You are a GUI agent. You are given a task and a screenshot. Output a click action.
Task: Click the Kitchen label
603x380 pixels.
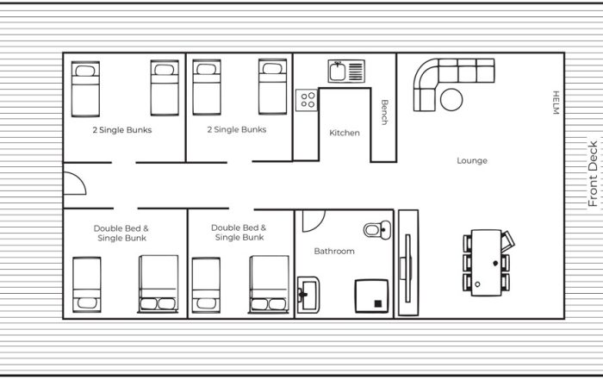[x=345, y=133]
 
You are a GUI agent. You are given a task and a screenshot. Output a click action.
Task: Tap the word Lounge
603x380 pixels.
[x=472, y=160]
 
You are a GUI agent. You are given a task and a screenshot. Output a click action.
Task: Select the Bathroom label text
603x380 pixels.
[x=334, y=251]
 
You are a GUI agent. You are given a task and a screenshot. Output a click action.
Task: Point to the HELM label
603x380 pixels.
[x=556, y=103]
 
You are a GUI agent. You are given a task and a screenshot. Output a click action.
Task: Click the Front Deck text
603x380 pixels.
[x=593, y=173]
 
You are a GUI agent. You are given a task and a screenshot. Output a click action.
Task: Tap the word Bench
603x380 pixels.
[x=384, y=112]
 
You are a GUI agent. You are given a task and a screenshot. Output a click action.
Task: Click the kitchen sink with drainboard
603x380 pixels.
[x=346, y=72]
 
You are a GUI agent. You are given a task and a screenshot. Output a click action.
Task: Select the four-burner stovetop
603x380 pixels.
[x=307, y=100]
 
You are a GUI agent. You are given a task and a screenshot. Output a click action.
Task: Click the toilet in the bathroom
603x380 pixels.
[x=377, y=230]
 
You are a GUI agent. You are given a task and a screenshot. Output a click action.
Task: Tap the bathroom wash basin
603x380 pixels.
[x=308, y=295]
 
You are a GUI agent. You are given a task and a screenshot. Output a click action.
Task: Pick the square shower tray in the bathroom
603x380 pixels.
[x=371, y=296]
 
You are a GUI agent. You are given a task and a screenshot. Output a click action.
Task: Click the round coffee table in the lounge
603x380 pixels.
[x=451, y=100]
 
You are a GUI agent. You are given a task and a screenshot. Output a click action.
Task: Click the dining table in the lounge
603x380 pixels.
[x=486, y=263]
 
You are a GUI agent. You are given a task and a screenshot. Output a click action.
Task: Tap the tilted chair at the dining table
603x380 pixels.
[x=508, y=240]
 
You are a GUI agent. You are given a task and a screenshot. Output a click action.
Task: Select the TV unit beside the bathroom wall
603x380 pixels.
[x=408, y=263]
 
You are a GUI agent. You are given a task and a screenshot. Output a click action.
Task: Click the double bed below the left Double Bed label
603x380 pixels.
[x=158, y=283]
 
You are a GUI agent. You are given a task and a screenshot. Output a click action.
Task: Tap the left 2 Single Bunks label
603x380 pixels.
[x=122, y=130]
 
